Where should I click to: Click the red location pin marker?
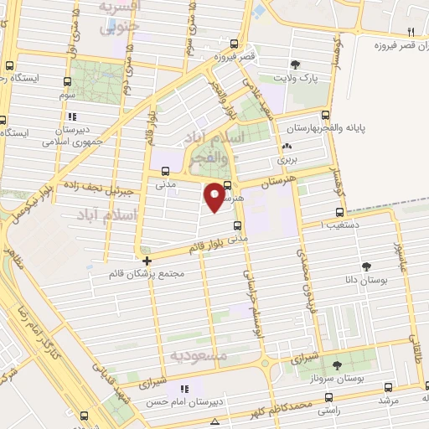click(215, 196)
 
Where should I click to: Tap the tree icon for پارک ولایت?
click(294, 65)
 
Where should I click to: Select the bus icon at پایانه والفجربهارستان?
click(326, 116)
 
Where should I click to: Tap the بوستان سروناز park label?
click(354, 377)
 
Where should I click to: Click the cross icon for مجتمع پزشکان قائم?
click(147, 261)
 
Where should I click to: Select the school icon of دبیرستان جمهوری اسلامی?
click(73, 116)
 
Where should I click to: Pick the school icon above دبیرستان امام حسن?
click(185, 389)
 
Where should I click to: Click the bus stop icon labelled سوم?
click(66, 83)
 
